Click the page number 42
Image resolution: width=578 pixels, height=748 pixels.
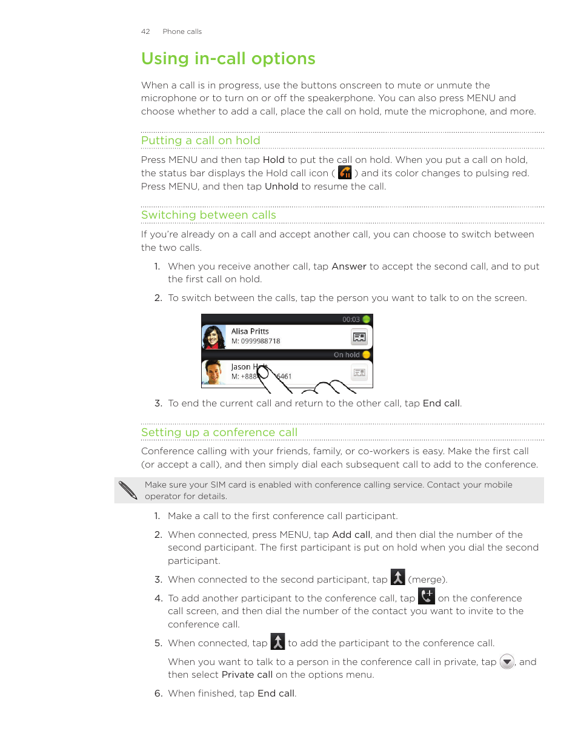(x=145, y=31)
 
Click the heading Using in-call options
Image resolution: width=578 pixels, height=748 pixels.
(x=228, y=59)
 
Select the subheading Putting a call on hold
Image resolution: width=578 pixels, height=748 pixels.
(x=201, y=141)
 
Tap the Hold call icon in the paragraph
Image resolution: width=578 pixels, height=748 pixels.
(x=345, y=173)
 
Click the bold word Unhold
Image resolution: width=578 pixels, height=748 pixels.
(x=281, y=187)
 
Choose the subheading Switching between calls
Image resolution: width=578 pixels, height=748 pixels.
(x=208, y=215)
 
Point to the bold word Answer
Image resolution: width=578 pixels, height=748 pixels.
(x=349, y=266)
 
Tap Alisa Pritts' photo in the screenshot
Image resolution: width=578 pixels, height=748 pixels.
(x=214, y=337)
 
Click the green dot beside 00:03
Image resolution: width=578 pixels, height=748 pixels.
(x=367, y=319)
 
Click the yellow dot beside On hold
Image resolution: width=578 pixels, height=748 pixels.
(x=367, y=355)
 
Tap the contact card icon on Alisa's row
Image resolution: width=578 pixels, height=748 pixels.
(x=359, y=337)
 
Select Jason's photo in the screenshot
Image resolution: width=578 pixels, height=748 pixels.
(x=214, y=372)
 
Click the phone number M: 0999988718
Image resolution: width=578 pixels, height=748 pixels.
(x=256, y=342)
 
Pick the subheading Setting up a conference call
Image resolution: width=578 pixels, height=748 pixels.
(x=219, y=432)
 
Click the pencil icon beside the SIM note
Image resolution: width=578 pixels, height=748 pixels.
(x=128, y=490)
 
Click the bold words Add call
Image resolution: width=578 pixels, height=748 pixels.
(x=351, y=535)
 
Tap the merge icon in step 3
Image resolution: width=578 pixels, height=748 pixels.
(x=397, y=578)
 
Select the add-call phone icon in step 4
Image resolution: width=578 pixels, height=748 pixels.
(x=427, y=597)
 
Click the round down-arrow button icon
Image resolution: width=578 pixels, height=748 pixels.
(x=507, y=662)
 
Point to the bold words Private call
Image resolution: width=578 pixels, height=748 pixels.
(x=247, y=675)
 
